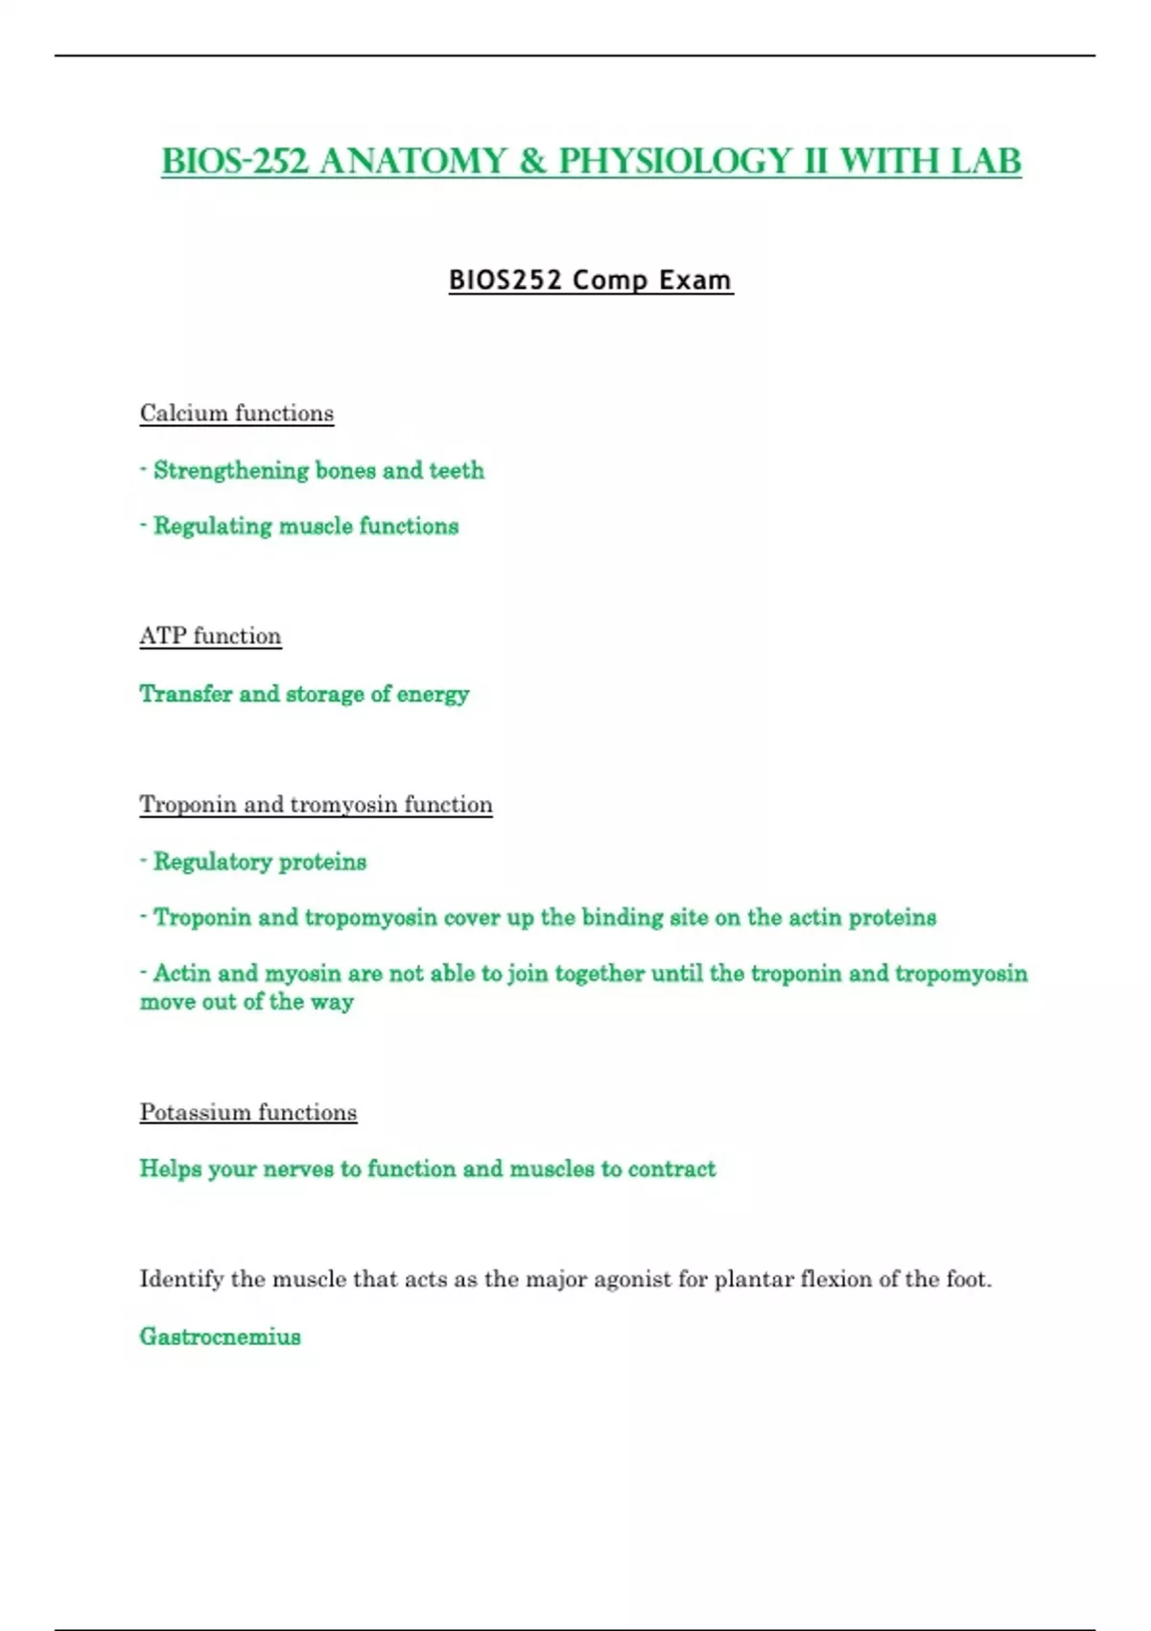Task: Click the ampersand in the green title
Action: pos(532,161)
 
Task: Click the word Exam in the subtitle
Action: pos(695,280)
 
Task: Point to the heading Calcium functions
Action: pos(237,414)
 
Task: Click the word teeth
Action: pos(457,470)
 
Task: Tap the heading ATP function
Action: pos(210,636)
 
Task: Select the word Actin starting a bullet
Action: pos(182,973)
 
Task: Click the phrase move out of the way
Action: pos(247,1002)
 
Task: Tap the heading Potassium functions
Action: pos(248,1112)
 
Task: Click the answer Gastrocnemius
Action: pos(220,1336)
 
